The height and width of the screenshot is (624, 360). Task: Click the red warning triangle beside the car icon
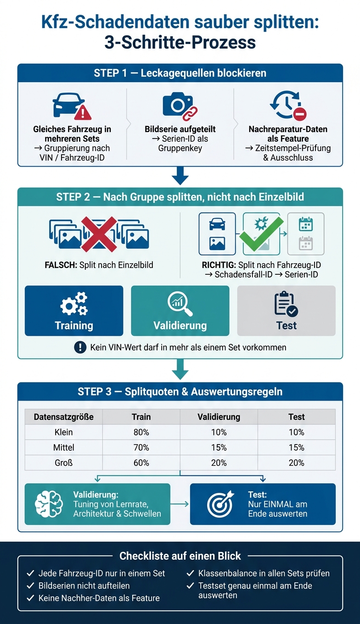pyautogui.click(x=83, y=112)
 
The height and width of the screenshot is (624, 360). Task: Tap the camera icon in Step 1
pyautogui.click(x=178, y=104)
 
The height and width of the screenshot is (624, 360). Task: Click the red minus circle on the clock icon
pyautogui.click(x=299, y=114)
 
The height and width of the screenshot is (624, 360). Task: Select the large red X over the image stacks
pyautogui.click(x=99, y=234)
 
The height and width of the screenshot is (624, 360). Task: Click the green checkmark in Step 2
pyautogui.click(x=261, y=234)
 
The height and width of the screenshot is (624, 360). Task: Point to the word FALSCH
pyautogui.click(x=61, y=265)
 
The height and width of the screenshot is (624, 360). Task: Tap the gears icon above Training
pyautogui.click(x=74, y=304)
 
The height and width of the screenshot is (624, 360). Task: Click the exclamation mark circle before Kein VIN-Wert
pyautogui.click(x=80, y=347)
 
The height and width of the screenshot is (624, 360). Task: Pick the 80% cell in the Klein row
pyautogui.click(x=141, y=432)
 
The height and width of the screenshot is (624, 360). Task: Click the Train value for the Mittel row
pyautogui.click(x=141, y=447)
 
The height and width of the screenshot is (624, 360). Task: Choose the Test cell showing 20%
pyautogui.click(x=297, y=462)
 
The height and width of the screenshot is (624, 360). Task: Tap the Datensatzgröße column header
pyautogui.click(x=63, y=417)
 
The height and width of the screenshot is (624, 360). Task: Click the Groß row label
pyautogui.click(x=63, y=462)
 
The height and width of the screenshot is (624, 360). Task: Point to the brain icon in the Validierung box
pyautogui.click(x=49, y=504)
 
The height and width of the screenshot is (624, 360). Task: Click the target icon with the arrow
pyautogui.click(x=220, y=503)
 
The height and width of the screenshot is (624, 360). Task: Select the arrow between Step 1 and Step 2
pyautogui.click(x=180, y=176)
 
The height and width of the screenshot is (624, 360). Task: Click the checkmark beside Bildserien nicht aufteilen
pyautogui.click(x=30, y=585)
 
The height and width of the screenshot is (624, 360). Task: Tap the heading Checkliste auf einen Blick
pyautogui.click(x=180, y=556)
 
